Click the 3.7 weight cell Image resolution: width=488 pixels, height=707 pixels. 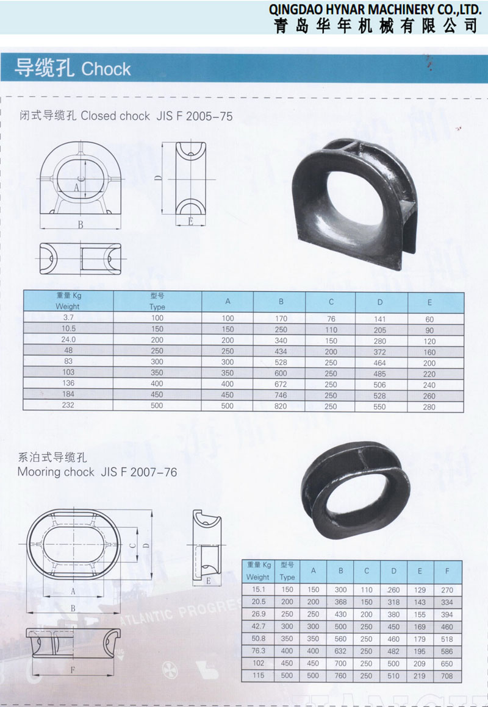tap(68, 318)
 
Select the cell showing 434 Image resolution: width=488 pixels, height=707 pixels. tap(281, 351)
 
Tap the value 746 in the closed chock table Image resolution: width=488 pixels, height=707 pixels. tap(281, 395)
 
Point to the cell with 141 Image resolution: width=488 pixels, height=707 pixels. tap(379, 319)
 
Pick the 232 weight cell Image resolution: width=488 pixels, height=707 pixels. tap(68, 405)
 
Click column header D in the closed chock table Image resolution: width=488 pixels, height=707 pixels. tap(380, 302)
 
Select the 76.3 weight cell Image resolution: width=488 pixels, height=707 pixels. tap(259, 651)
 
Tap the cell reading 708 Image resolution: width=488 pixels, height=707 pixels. tap(447, 675)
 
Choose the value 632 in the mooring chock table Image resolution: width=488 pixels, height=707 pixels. tap(340, 651)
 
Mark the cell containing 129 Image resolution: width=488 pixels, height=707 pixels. tap(420, 589)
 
